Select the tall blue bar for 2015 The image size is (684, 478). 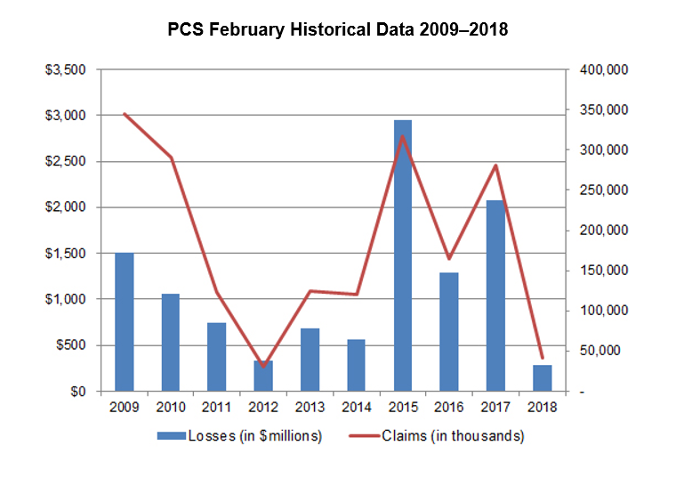[402, 255]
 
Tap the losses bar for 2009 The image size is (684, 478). [124, 322]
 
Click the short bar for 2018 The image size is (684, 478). [542, 377]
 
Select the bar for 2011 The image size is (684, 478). [217, 357]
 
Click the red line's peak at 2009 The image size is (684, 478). [124, 113]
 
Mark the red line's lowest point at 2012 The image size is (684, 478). [263, 366]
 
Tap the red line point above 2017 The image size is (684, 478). [495, 166]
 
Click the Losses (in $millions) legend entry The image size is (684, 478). [239, 436]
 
